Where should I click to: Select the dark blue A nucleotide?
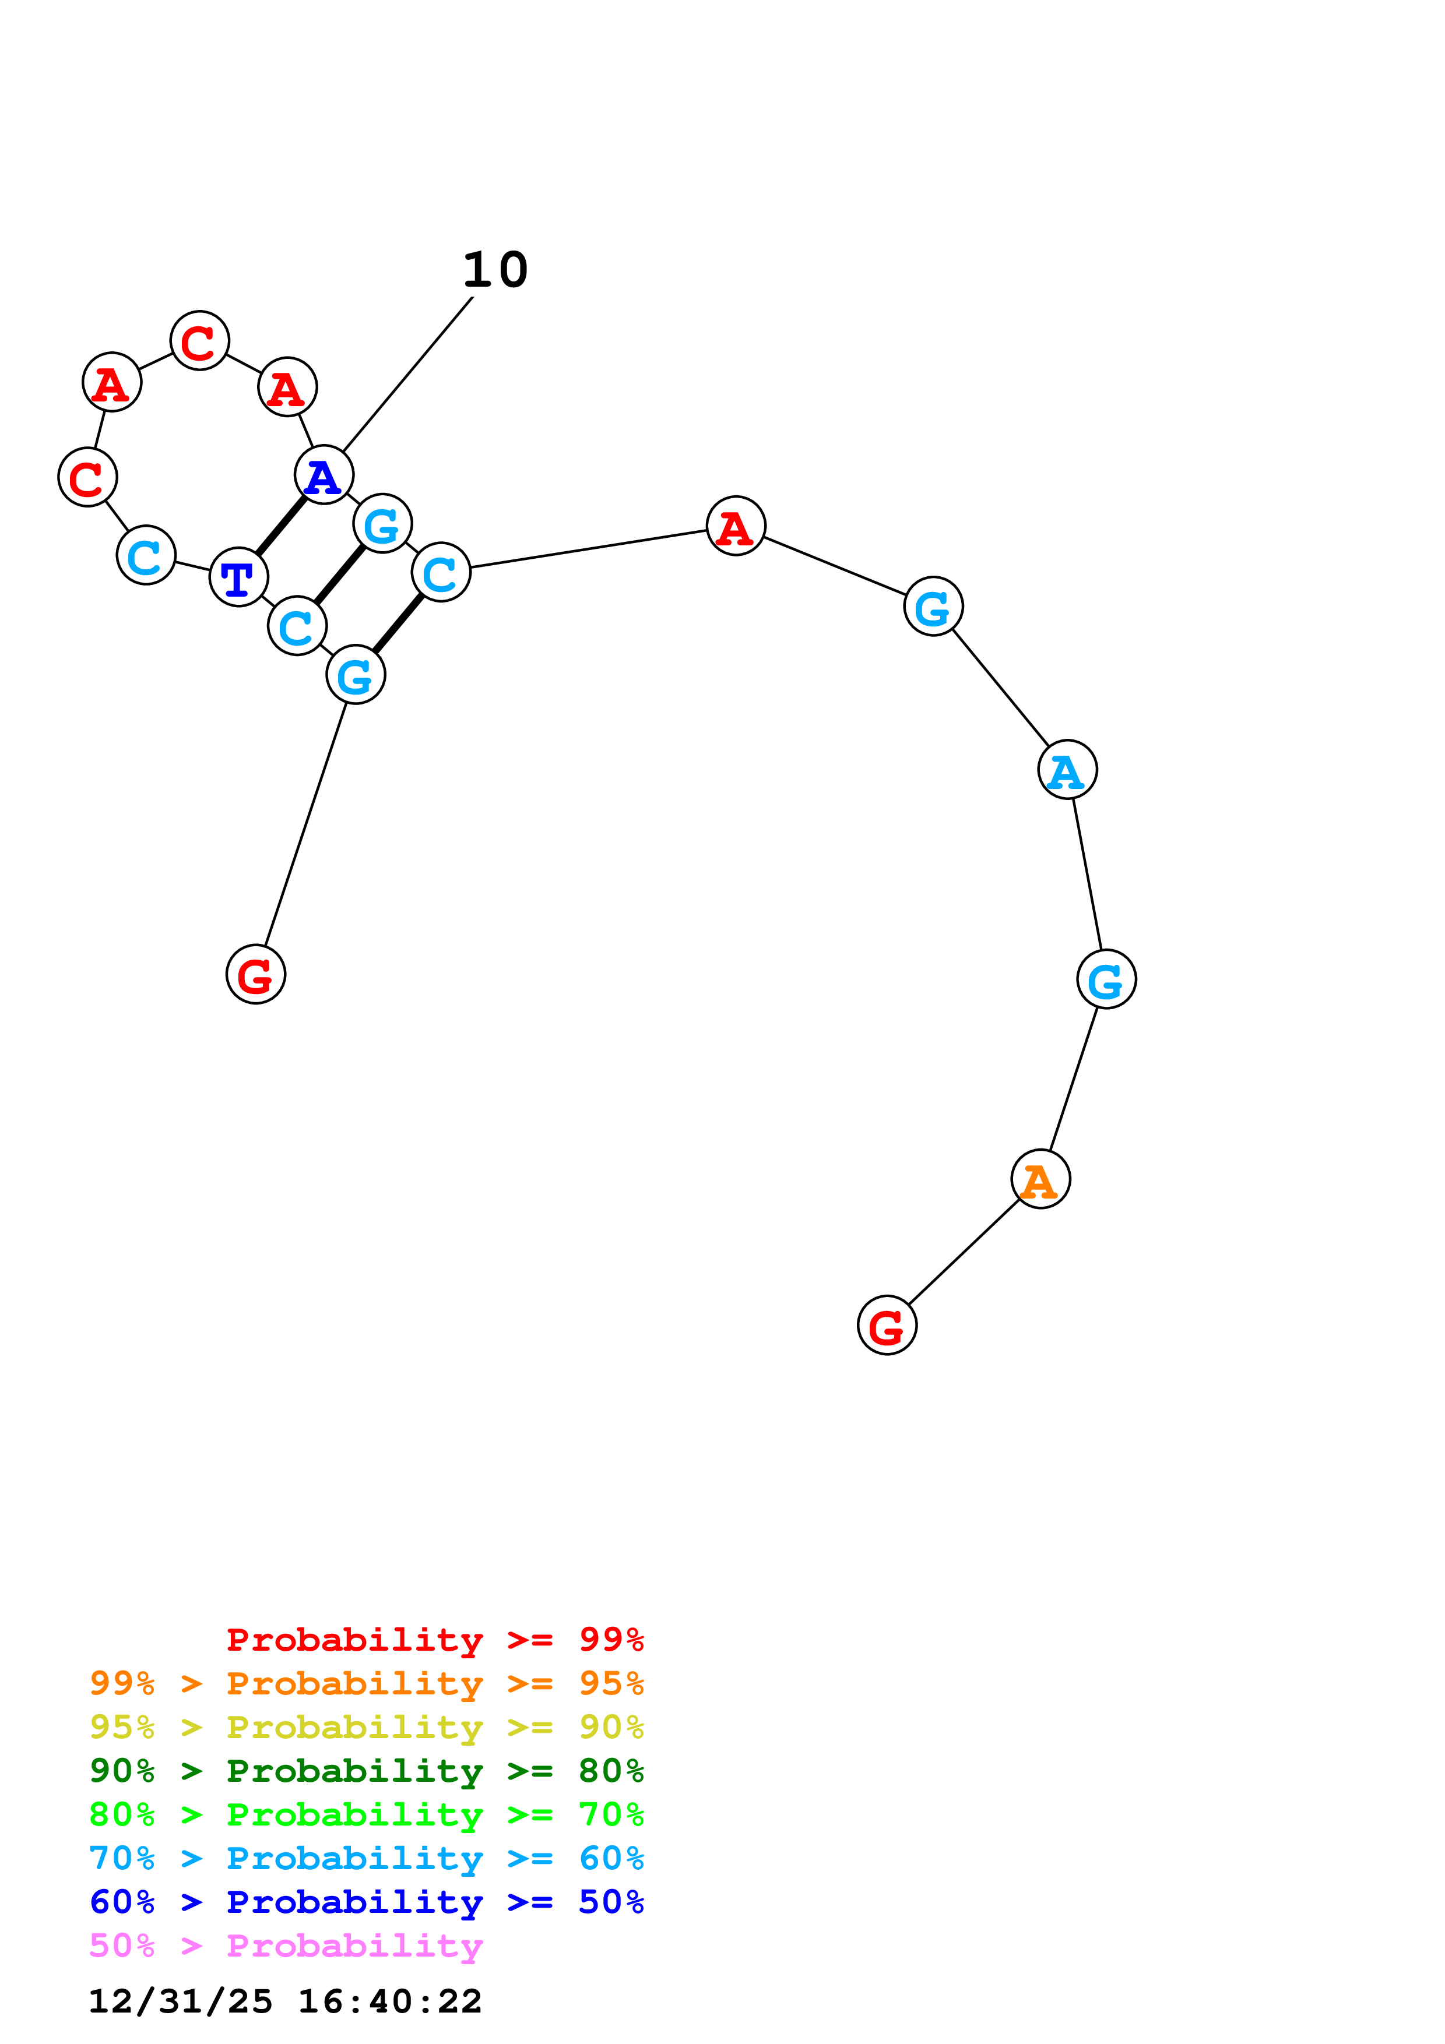(323, 475)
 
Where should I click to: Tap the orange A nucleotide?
(1040, 1179)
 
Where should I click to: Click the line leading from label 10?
(408, 374)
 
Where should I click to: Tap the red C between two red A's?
(199, 341)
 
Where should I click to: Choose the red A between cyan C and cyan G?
(736, 526)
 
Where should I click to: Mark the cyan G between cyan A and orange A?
(1106, 980)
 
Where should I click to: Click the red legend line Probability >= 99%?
(434, 1640)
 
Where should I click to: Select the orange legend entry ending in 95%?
(367, 1683)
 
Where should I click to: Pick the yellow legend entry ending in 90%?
(367, 1727)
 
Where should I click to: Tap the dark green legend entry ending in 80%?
(367, 1771)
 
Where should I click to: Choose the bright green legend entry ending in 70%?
(367, 1814)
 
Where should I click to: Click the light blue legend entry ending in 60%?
(367, 1858)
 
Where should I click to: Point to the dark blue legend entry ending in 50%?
(367, 1902)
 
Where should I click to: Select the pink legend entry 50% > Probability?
(286, 1945)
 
